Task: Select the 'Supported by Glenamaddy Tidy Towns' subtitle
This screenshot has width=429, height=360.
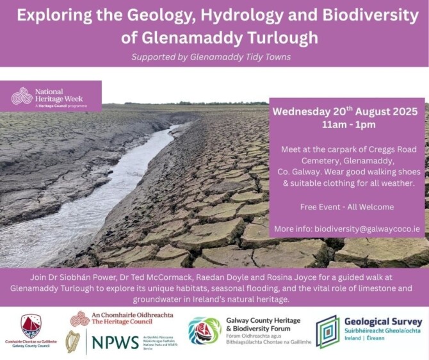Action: click(x=211, y=57)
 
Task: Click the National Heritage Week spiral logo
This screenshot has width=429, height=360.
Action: click(x=22, y=96)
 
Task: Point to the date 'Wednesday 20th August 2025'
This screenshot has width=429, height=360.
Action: click(x=349, y=111)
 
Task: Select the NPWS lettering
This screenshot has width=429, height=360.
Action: click(x=115, y=341)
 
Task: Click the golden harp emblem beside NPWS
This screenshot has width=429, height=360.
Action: click(x=72, y=341)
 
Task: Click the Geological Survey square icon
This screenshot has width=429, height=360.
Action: click(x=327, y=331)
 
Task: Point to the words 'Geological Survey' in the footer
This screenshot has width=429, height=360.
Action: click(x=383, y=322)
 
